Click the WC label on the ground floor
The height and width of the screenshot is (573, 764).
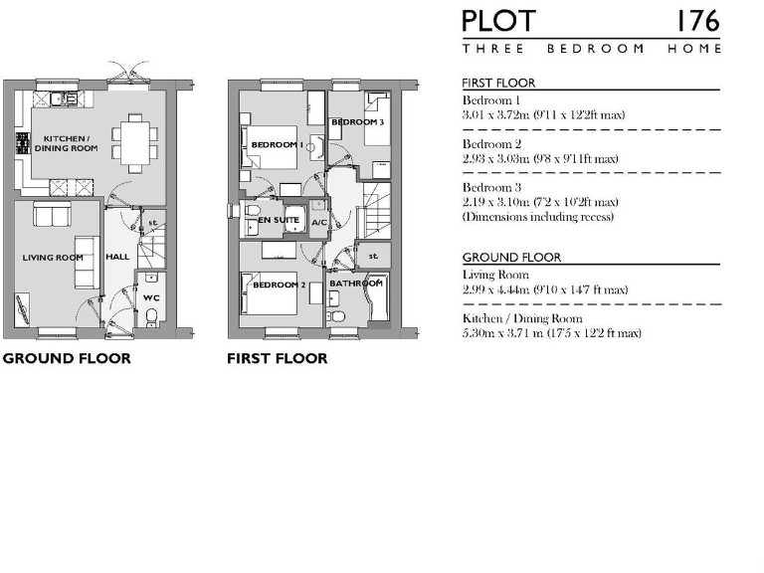click(x=150, y=297)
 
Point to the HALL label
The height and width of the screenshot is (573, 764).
click(x=117, y=257)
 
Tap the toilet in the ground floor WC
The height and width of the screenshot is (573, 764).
click(x=150, y=316)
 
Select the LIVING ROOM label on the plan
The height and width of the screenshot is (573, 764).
click(x=53, y=258)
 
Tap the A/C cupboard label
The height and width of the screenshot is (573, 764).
click(x=318, y=222)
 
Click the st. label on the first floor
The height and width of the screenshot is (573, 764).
click(x=373, y=256)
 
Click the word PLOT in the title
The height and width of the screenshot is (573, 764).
click(x=498, y=21)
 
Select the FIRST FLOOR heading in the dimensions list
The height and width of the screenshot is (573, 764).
click(x=498, y=84)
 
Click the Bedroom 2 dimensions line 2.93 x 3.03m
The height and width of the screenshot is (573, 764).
click(x=539, y=159)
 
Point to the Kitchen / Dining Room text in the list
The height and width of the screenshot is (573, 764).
click(x=522, y=318)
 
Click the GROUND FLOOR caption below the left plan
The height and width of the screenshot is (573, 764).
click(x=66, y=358)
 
